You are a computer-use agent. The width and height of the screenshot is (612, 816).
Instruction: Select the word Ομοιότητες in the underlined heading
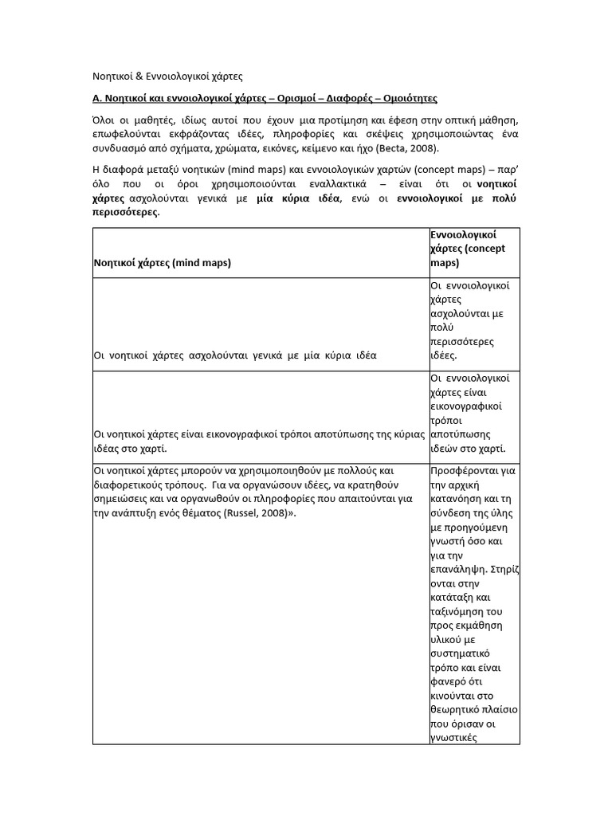click(403, 98)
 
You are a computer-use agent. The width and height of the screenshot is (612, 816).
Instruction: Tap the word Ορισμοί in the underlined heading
click(294, 98)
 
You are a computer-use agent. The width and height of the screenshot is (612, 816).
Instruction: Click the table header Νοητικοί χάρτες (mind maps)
click(163, 262)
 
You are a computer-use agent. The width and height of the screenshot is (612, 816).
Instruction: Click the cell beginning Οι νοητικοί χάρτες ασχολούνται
click(235, 355)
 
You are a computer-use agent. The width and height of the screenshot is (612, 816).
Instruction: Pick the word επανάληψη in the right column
click(457, 571)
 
